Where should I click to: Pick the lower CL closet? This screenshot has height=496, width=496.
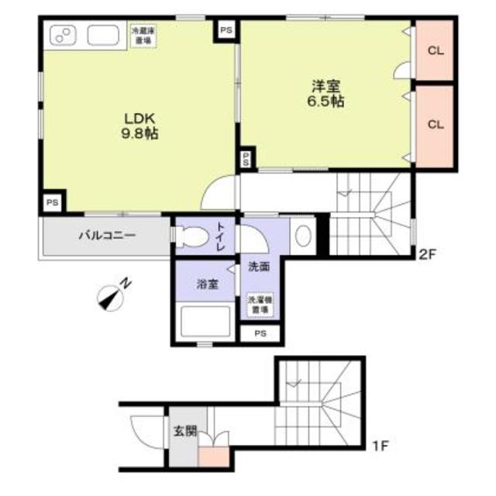[435, 124]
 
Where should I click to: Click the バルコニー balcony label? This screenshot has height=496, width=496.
[106, 236]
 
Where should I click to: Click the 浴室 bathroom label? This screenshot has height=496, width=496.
[205, 284]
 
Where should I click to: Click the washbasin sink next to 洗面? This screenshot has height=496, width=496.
[303, 235]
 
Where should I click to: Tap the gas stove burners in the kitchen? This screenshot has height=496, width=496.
[62, 36]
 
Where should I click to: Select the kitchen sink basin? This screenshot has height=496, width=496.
[102, 36]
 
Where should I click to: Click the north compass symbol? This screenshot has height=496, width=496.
[114, 294]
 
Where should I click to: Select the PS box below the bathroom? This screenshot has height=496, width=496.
[260, 334]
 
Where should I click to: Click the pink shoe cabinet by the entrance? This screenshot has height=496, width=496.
[214, 456]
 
